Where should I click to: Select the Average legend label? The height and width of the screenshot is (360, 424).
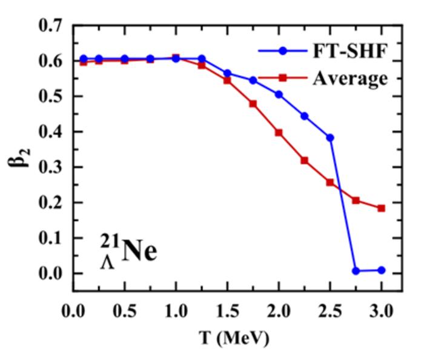pyautogui.click(x=349, y=78)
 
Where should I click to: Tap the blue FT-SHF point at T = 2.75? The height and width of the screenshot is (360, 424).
pyautogui.click(x=356, y=271)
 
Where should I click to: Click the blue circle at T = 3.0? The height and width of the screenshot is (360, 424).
pyautogui.click(x=381, y=270)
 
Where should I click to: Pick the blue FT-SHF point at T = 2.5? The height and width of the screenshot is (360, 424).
pyautogui.click(x=330, y=138)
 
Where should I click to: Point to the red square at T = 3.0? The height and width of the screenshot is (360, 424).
pyautogui.click(x=381, y=208)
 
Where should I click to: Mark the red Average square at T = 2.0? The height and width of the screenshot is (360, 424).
pyautogui.click(x=279, y=132)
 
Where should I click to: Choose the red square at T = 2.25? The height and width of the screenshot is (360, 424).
pyautogui.click(x=305, y=161)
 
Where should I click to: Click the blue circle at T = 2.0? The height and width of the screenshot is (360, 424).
pyautogui.click(x=279, y=95)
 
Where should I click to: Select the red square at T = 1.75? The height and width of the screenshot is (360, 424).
pyautogui.click(x=253, y=104)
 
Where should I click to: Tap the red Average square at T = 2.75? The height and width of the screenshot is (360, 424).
pyautogui.click(x=356, y=200)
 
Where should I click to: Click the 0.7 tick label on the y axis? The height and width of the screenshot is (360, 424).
pyautogui.click(x=50, y=26)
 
